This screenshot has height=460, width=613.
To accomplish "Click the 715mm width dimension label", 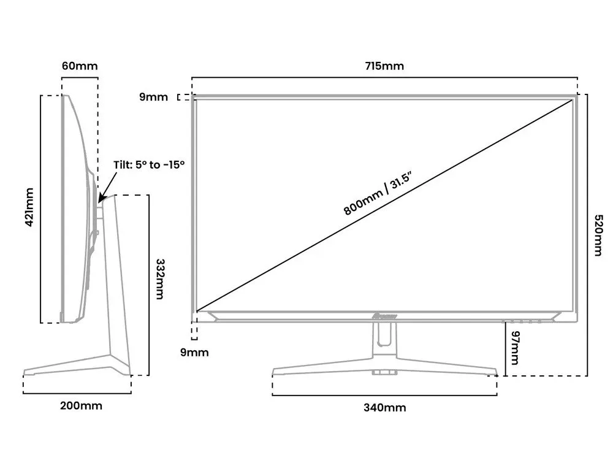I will pyautogui.click(x=384, y=66).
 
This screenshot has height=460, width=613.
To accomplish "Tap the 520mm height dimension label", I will pyautogui.click(x=599, y=236).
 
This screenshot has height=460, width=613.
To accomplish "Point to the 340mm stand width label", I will pyautogui.click(x=384, y=407).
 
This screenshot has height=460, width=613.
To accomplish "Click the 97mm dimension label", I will pyautogui.click(x=514, y=347).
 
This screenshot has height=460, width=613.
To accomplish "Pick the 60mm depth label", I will pyautogui.click(x=80, y=66).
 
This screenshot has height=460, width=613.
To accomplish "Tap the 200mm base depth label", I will pyautogui.click(x=81, y=405).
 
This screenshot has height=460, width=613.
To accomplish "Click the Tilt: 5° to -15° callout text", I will pyautogui.click(x=149, y=165).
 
